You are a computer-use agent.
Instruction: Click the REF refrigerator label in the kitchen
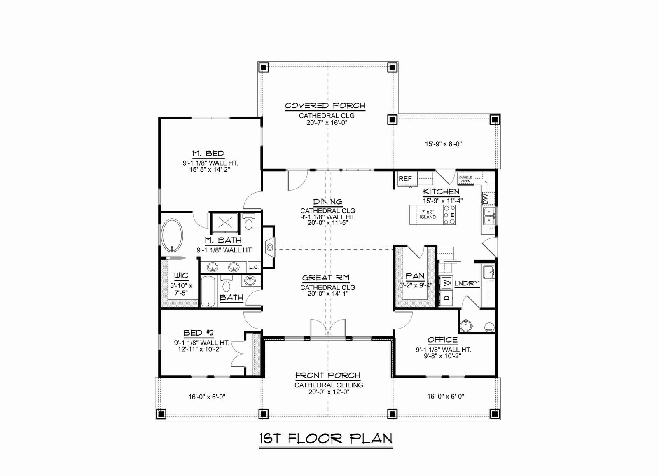405,179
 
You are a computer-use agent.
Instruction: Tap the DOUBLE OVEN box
466,179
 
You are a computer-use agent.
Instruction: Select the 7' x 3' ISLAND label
428,215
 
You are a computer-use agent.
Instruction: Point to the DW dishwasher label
486,198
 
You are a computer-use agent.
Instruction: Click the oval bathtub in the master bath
173,236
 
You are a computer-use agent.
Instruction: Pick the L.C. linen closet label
254,267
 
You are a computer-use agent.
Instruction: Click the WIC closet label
181,275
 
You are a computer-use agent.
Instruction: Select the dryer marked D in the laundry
446,298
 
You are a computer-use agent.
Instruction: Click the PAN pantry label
415,276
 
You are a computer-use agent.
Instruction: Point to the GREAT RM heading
326,278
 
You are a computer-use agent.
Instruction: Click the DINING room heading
328,202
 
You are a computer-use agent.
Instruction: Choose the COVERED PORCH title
325,105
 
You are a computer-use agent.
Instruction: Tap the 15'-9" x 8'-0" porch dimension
444,144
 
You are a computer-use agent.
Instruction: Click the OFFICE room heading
442,340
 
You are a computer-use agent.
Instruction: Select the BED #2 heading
199,333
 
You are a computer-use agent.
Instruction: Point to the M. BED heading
208,154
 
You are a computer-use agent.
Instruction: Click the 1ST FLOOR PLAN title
326,439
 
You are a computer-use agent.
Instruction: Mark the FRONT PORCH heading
328,376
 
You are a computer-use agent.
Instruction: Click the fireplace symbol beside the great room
270,247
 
